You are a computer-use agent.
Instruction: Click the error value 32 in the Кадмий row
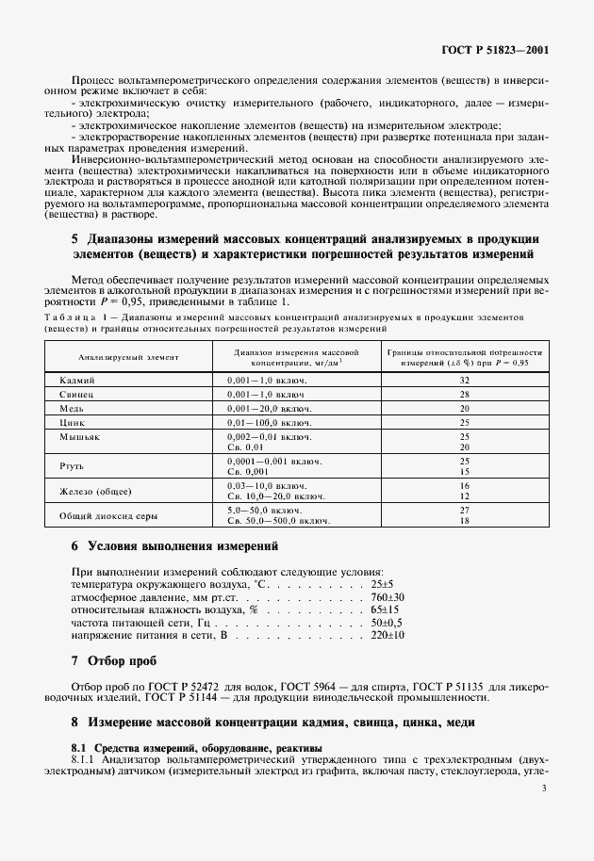coord(464,379)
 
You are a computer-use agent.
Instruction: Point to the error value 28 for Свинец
coord(464,394)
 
